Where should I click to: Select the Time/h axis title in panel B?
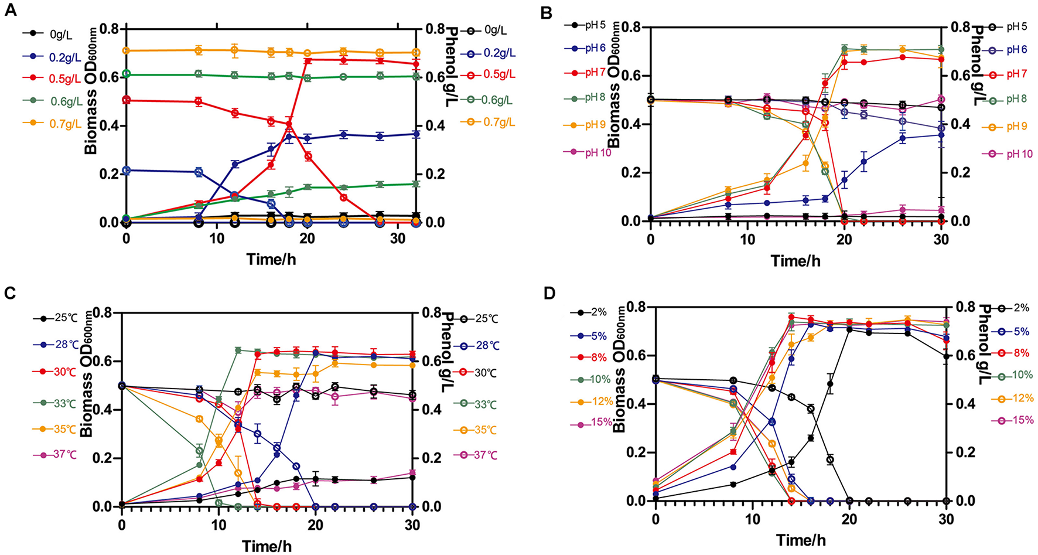tap(795, 260)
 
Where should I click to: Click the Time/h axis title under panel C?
tap(268, 546)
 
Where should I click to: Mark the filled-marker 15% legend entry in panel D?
tap(592, 422)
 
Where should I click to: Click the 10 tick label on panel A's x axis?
tap(217, 239)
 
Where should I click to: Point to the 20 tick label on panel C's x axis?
tap(315, 525)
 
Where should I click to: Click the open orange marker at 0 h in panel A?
tap(126, 51)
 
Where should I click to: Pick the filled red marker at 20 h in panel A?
tap(308, 60)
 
